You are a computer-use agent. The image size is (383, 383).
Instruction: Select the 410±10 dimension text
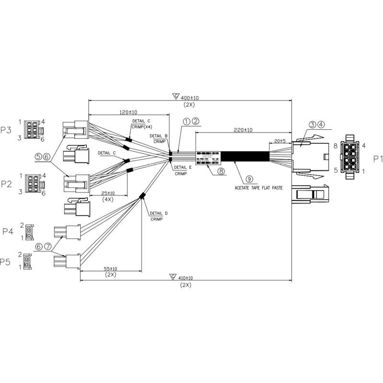click(x=186, y=278)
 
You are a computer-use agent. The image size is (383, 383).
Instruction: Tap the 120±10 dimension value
click(x=128, y=112)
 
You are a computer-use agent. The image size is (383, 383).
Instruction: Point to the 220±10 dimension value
click(x=244, y=130)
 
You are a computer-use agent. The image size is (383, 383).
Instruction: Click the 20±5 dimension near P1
click(x=279, y=141)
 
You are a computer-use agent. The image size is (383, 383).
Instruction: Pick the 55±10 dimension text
click(x=111, y=269)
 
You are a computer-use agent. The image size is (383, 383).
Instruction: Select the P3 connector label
click(x=6, y=130)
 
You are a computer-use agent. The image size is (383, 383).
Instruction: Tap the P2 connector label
click(x=6, y=183)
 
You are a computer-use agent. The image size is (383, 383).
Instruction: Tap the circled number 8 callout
click(x=221, y=170)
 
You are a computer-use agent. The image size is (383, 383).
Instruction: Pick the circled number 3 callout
click(x=312, y=125)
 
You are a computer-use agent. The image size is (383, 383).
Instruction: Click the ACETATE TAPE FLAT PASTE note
click(x=259, y=188)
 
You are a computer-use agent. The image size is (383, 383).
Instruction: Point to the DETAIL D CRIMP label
click(x=159, y=216)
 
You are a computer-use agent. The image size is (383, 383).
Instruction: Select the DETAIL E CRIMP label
click(x=182, y=170)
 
